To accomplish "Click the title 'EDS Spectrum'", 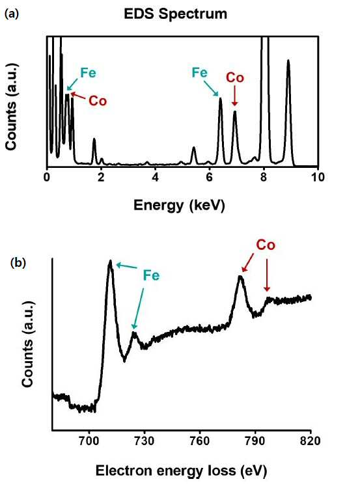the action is pos(175,14).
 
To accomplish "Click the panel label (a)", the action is pos(12,14).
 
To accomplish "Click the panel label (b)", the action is pos(18,263).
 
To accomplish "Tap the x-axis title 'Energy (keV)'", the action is pos(180,206).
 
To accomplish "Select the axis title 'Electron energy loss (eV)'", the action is pos(181,471).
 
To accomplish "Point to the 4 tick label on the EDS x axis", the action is pos(156,178).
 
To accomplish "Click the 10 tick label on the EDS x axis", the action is pos(318,178).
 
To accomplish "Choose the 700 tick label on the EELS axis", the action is pos(89,441).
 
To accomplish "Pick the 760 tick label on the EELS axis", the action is pos(200,441).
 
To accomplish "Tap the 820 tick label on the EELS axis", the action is pos(310,441).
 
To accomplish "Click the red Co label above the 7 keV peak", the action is pos(235,77).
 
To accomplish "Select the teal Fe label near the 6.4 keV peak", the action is pos(199,72).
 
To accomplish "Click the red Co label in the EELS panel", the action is pos(266,245).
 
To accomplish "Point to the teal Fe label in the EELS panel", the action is pos(151,275).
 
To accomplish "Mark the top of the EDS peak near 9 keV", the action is pos(288,61).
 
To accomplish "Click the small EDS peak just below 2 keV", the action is pos(94,139).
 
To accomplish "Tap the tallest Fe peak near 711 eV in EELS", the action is pos(109,261).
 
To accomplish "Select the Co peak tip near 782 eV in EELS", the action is pos(240,277).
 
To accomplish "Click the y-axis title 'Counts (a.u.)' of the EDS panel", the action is pos(11,106).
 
